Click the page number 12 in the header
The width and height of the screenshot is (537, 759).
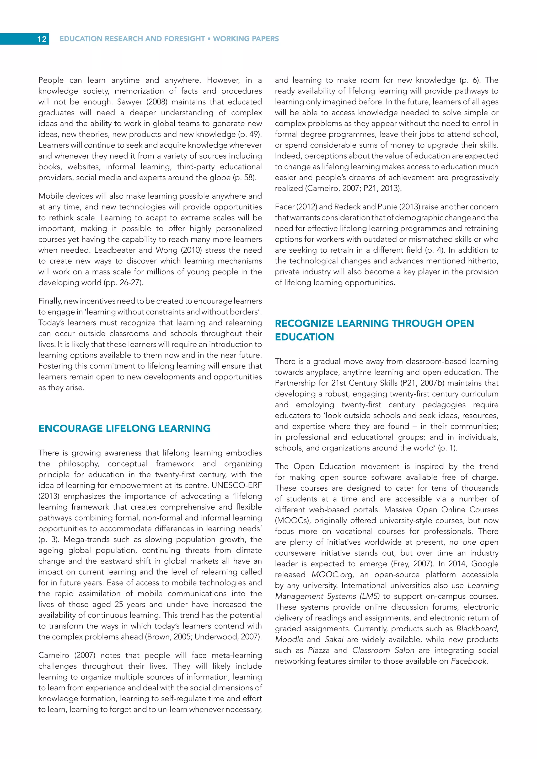[42, 39]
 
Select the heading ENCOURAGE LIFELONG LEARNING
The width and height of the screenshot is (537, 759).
[124, 429]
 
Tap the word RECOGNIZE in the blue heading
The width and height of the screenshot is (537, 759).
[304, 323]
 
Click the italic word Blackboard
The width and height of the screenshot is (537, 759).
[477, 628]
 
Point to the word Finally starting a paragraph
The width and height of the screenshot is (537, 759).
[50, 301]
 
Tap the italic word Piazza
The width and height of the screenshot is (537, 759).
[318, 650]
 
